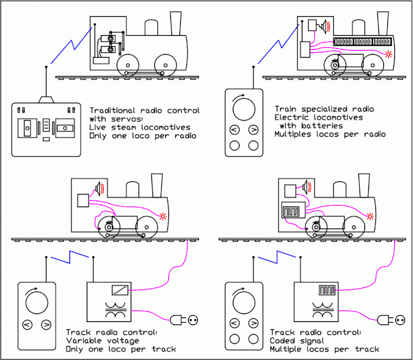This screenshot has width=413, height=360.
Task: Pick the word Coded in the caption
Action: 282,340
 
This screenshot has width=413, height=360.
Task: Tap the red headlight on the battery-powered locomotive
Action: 389,55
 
